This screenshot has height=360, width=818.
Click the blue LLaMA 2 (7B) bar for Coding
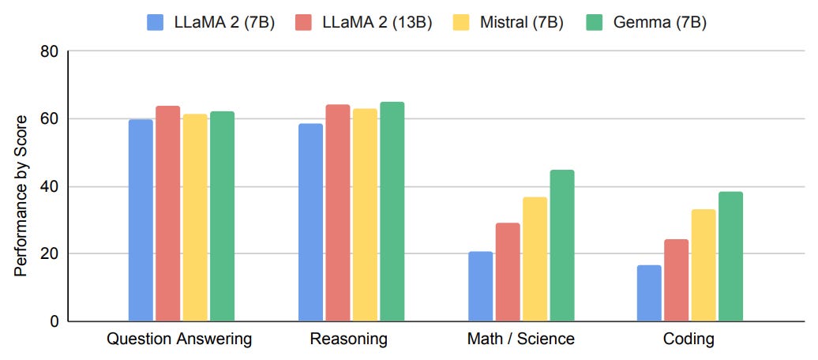click(649, 293)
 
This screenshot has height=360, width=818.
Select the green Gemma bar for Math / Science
click(562, 246)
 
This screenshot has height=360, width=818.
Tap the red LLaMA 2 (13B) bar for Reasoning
click(337, 212)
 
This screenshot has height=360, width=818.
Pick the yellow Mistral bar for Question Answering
click(195, 217)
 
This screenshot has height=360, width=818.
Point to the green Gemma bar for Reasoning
click(392, 212)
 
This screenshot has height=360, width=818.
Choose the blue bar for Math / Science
click(480, 286)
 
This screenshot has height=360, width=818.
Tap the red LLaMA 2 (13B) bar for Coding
click(677, 279)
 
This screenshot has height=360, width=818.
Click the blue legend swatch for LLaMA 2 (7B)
click(155, 22)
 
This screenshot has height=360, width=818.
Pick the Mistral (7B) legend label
click(521, 22)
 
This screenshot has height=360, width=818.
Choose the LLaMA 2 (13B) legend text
click(377, 22)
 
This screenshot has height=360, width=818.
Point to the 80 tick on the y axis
click(50, 52)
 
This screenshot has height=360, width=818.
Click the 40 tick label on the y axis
click(50, 187)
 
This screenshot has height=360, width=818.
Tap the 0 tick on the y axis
click(54, 321)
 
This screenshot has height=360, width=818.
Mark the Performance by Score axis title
click(21, 196)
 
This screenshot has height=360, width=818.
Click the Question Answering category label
click(179, 340)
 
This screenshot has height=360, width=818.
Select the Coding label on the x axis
click(689, 340)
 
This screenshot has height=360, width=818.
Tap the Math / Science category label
click(520, 340)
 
